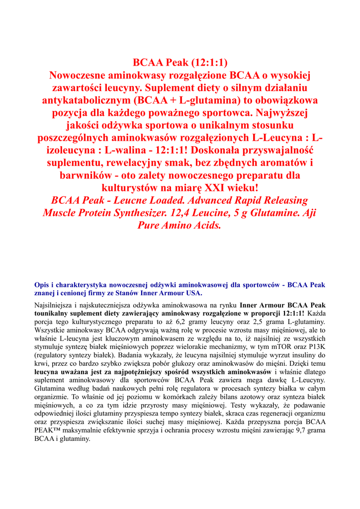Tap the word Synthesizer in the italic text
click(165, 213)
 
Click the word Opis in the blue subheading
click(42, 285)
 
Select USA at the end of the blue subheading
click(192, 293)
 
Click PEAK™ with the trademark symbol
click(47, 430)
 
